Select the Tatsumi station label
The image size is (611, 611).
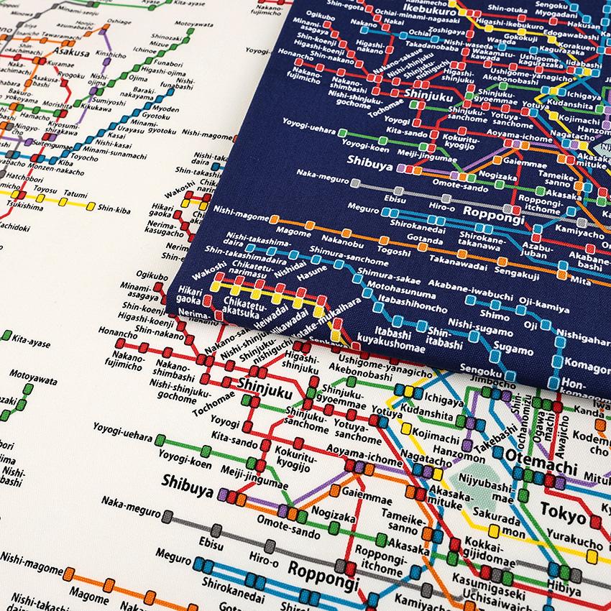[74, 193]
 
